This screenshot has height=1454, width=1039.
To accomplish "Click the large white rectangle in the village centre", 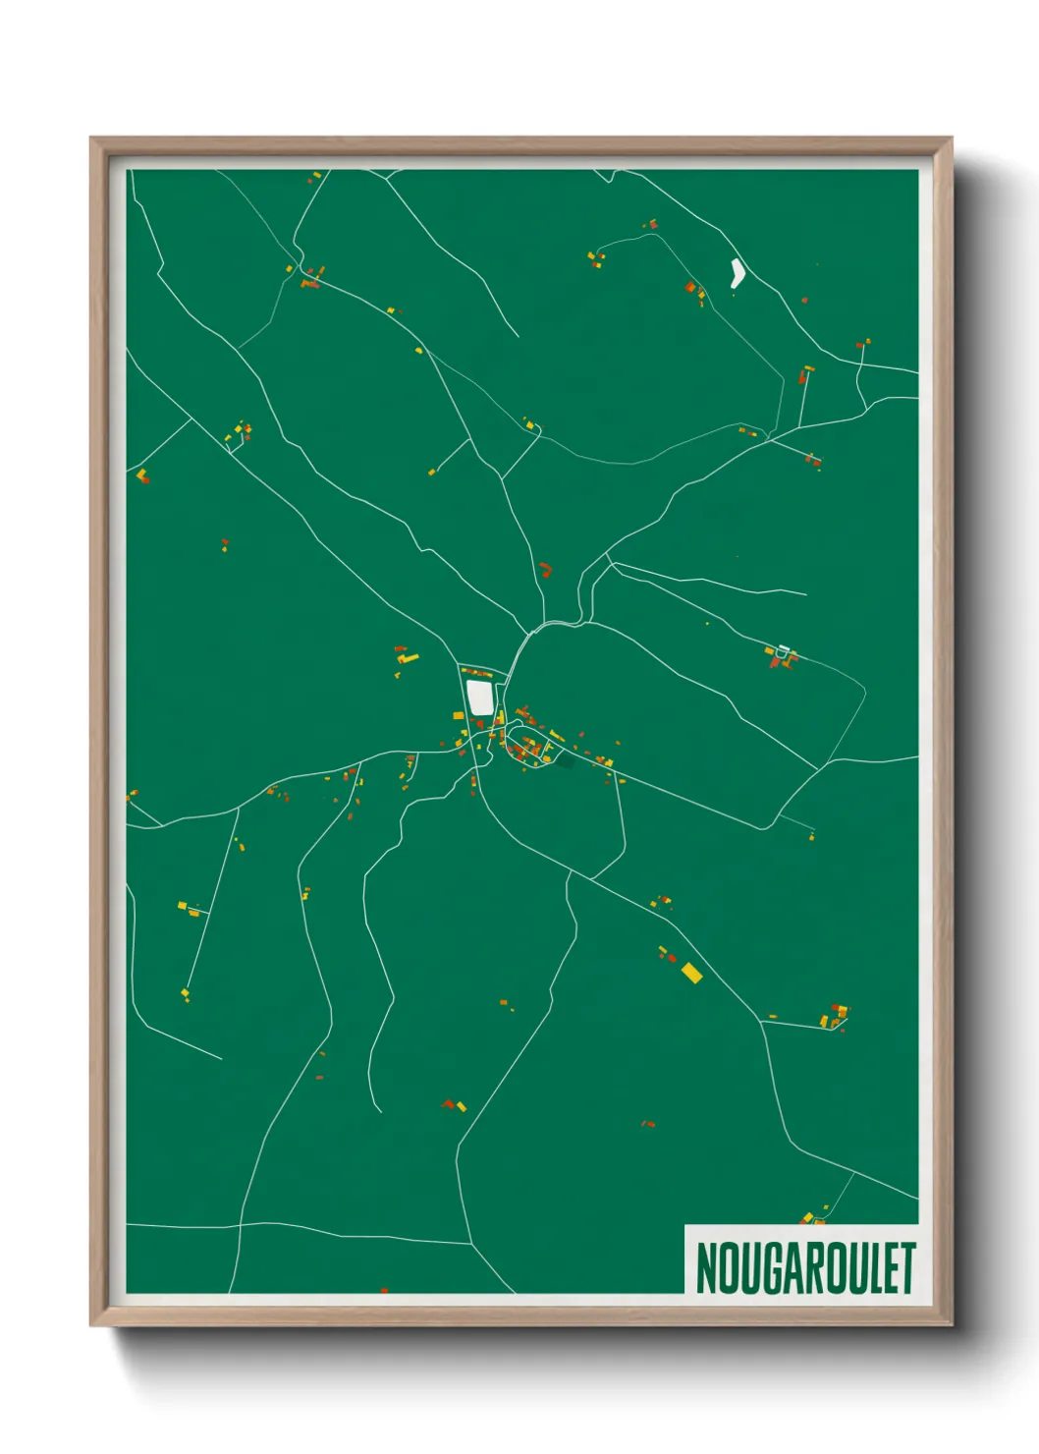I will click(x=479, y=697).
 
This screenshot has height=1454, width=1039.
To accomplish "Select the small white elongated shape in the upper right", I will click(x=737, y=272).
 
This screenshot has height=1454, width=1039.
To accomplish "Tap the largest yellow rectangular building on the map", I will click(x=691, y=973).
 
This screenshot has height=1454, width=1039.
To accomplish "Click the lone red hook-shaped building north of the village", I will click(x=545, y=569).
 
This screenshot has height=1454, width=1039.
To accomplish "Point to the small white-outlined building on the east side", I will click(x=783, y=650).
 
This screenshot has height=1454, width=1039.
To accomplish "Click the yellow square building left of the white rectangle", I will click(x=458, y=714).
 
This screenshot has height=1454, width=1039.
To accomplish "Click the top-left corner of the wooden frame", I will click(x=91, y=139).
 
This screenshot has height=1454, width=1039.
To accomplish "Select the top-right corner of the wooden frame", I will click(x=951, y=139).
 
